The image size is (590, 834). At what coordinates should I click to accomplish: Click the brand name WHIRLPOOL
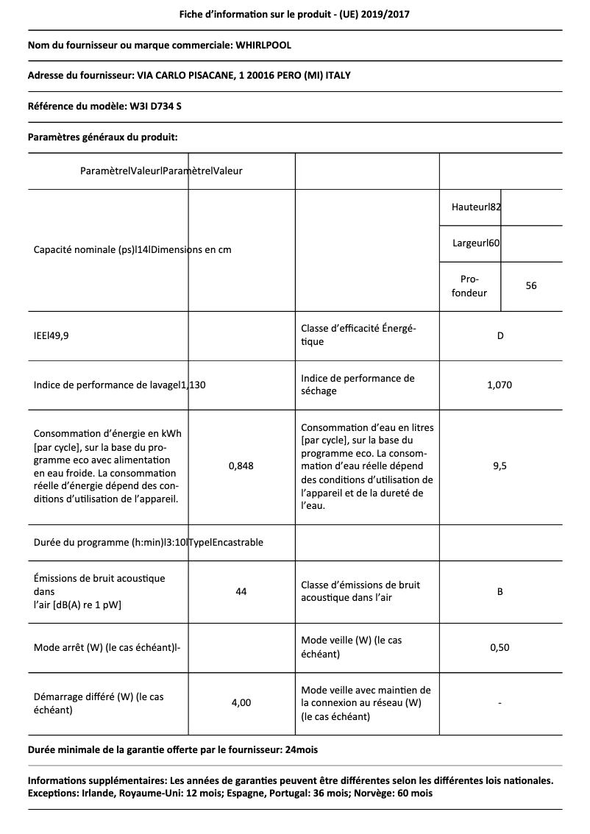point(263,46)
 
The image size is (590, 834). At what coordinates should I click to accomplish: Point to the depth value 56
point(531,285)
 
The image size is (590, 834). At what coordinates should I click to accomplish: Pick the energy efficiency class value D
point(500,336)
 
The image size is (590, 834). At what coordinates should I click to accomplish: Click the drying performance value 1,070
point(500,385)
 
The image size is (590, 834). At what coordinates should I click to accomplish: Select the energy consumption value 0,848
point(241,466)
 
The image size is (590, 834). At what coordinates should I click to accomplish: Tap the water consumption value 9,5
point(500,466)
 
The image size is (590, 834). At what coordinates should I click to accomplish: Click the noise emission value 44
point(241,591)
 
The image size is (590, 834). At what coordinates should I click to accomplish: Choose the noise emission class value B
point(500,591)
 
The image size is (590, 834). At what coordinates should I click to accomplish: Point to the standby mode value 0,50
point(500,647)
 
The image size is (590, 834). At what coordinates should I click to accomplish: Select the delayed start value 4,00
point(241,702)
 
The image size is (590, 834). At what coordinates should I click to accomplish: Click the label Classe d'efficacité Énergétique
point(358,335)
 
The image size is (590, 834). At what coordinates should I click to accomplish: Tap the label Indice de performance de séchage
point(358,385)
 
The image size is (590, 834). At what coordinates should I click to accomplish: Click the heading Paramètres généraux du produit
point(102,137)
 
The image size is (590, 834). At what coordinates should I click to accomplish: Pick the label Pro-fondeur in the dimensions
point(469,286)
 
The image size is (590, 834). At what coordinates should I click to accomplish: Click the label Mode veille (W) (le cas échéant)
point(352,647)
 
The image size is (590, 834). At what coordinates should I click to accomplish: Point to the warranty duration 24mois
point(300,749)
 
